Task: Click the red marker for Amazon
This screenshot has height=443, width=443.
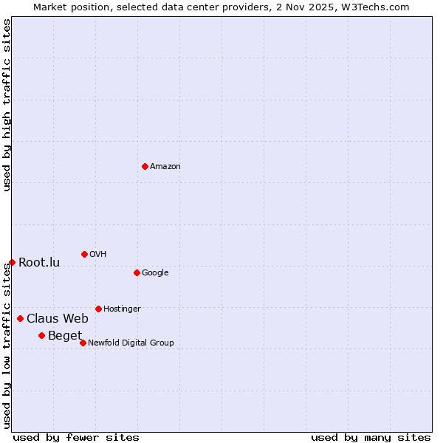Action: point(145,166)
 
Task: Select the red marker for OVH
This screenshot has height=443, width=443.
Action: point(84,254)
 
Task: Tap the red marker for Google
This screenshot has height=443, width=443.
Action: point(137,272)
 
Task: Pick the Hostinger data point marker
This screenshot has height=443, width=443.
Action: point(98,309)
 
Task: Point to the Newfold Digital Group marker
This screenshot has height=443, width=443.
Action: point(83,343)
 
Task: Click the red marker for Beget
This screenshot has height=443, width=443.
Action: point(42,335)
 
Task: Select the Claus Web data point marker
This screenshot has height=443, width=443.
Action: point(20,318)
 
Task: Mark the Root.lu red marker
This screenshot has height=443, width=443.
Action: point(12,262)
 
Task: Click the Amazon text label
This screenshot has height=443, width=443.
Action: point(165,167)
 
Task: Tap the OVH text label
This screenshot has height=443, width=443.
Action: point(98,255)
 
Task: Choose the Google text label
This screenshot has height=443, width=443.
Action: point(155,273)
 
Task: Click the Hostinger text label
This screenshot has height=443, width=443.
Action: point(122,309)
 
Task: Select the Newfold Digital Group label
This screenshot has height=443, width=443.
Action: point(131,343)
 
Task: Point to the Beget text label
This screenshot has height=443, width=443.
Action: point(65,336)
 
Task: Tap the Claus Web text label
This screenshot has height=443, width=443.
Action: point(58,319)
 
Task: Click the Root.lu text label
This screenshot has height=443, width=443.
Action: point(39,263)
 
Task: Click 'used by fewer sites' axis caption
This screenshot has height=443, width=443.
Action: point(76,437)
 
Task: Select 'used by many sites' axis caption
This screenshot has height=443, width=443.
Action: point(371,437)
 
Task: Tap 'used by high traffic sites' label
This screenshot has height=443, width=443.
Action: point(7,106)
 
